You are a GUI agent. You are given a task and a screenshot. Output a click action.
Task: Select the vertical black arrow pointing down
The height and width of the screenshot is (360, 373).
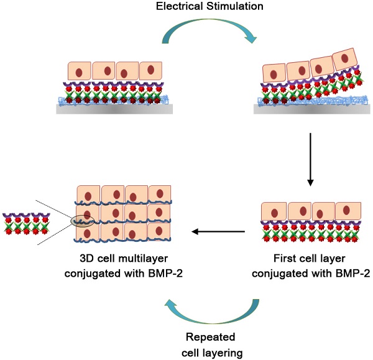[x=310, y=159]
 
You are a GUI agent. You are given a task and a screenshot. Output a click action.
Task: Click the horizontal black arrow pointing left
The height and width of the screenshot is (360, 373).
[x=218, y=232]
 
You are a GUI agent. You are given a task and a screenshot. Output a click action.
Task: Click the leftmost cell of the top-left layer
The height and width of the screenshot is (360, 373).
[x=79, y=72]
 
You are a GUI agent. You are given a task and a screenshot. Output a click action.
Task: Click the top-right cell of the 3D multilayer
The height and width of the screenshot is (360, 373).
[x=160, y=194]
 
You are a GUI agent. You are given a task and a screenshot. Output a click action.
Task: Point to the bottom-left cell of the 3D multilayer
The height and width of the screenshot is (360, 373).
[x=88, y=232]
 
